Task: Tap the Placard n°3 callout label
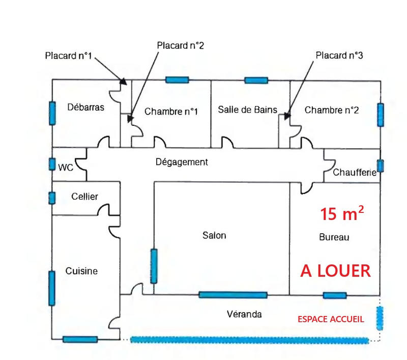[x=339, y=54]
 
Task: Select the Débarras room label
[x=86, y=107]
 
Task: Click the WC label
[x=65, y=167]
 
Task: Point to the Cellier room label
[x=84, y=197]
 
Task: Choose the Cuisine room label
[x=81, y=271]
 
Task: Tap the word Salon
[x=214, y=235]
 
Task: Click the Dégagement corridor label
[x=182, y=162]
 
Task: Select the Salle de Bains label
[x=248, y=109]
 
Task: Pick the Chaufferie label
[x=355, y=173]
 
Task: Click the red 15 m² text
[x=342, y=214]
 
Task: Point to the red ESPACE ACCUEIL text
[x=331, y=319]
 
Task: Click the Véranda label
[x=244, y=314]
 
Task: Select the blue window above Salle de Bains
[x=256, y=80]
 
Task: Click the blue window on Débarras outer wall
[x=52, y=113]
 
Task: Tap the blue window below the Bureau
[x=335, y=295]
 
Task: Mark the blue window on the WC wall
[x=52, y=164]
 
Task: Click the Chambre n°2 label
[x=332, y=109]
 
